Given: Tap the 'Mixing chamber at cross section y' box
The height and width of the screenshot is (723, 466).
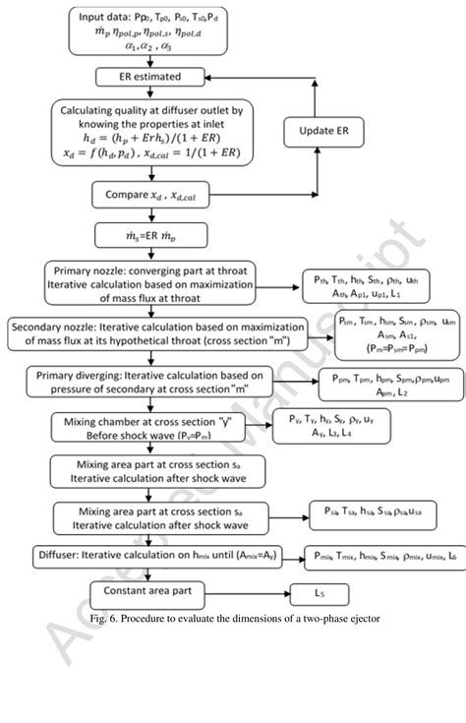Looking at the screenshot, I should pyautogui.click(x=149, y=428).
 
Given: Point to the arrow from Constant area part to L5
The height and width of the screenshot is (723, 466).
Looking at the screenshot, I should pyautogui.click(x=251, y=593).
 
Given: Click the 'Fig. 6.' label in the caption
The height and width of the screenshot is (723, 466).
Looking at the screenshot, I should pyautogui.click(x=101, y=617).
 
